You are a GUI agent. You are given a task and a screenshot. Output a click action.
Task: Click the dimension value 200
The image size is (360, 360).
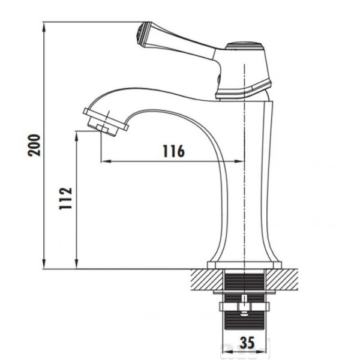34,145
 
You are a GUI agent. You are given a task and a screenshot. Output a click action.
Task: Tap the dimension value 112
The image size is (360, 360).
66,199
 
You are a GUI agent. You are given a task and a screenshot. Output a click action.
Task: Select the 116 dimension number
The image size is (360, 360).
174,151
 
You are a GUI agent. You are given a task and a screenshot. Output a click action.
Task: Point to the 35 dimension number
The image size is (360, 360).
247,343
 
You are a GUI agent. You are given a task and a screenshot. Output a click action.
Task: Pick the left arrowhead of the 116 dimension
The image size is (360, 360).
106,161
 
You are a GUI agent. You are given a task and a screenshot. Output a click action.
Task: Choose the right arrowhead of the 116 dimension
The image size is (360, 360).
239,161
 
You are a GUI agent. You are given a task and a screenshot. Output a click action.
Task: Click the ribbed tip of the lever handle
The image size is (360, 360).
141,34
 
